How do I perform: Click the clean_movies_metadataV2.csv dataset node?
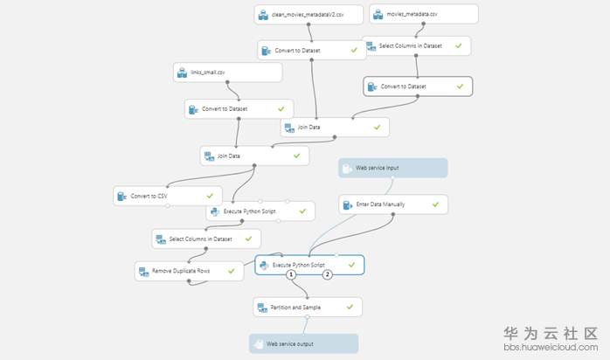pos(308,14)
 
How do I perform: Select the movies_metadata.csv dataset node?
pos(424,14)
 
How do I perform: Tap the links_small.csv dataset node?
pos(227,73)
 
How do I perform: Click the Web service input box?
pos(393,168)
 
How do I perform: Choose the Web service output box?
pos(304,343)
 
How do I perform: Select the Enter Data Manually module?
pos(393,204)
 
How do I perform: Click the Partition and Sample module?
pos(308,307)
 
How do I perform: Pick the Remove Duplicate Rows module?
pos(189,271)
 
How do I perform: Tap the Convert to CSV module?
pos(168,196)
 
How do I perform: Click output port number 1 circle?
pos(291,275)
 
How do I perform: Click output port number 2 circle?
pos(327,275)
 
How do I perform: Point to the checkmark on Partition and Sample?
pos(350,307)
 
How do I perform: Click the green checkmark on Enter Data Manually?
pos(435,204)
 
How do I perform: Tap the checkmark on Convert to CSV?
pos(210,196)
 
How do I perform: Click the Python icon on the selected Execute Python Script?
pos(264,265)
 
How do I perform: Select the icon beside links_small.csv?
pos(182,73)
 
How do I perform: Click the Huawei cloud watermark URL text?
pos(551,347)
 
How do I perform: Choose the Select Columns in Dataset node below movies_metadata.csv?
pos(416,46)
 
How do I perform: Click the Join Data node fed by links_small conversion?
pos(255,156)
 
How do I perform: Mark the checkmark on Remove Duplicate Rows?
pos(231,271)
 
